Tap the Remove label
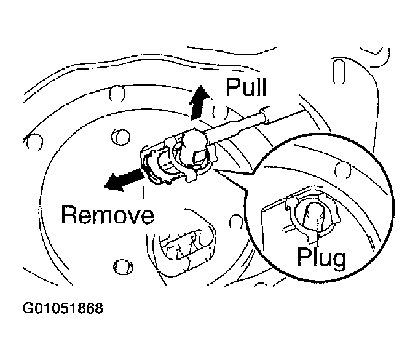(108, 215)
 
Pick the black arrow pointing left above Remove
(121, 180)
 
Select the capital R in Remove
(69, 215)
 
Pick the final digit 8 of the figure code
(98, 307)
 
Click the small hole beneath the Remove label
(121, 266)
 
